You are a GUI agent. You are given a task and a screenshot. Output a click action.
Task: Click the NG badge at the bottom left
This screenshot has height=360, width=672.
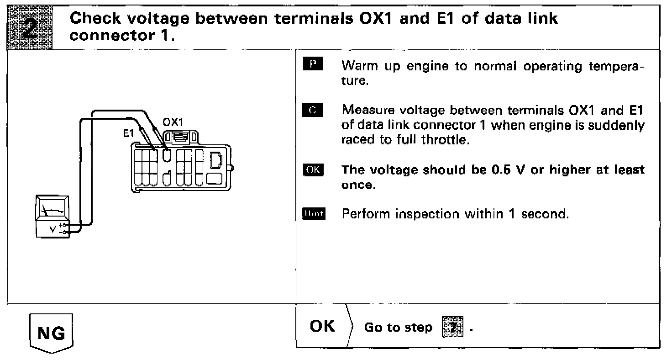pos(50,334)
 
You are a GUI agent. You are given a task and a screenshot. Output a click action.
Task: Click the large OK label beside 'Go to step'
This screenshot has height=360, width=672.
pos(322,326)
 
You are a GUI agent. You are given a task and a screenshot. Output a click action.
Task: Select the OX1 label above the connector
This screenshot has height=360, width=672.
pos(173,122)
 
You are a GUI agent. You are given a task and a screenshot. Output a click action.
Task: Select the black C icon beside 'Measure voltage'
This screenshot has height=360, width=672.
pos(313,110)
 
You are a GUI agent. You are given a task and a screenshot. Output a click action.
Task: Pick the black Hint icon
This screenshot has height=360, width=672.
pos(313,214)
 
